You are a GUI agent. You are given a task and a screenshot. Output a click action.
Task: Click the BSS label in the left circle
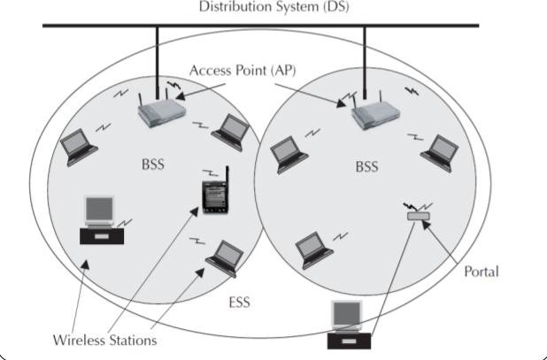pyautogui.click(x=152, y=165)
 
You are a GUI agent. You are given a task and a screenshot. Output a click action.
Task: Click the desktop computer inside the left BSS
pyautogui.click(x=101, y=220)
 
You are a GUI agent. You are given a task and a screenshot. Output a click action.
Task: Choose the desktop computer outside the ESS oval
pyautogui.click(x=347, y=326)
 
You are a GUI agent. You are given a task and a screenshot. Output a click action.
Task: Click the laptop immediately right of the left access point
pyautogui.click(x=233, y=130)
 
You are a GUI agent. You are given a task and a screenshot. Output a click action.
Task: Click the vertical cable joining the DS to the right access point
pyautogui.click(x=365, y=62)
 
